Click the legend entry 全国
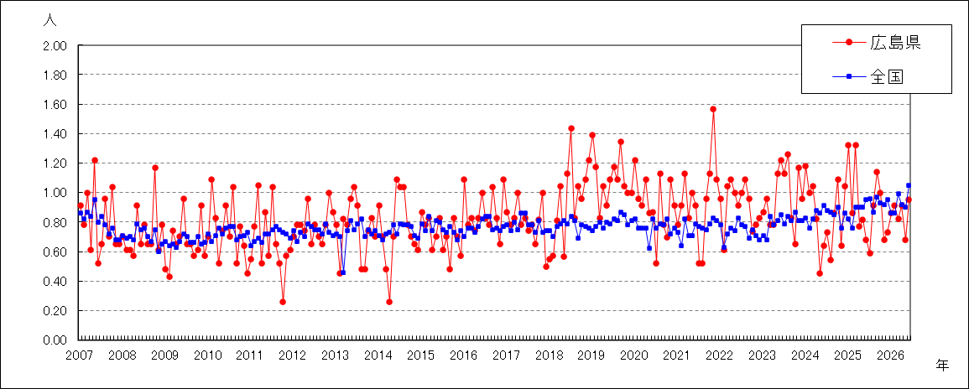coord(862,76)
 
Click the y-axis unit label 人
coord(50,19)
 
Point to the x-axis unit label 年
coord(941,365)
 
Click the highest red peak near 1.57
coord(713,109)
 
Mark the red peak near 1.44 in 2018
coord(571,128)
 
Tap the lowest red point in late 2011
coord(283,302)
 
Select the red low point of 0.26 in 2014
coord(389,302)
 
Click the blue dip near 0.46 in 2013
coord(343,272)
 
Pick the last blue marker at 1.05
coord(909,185)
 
